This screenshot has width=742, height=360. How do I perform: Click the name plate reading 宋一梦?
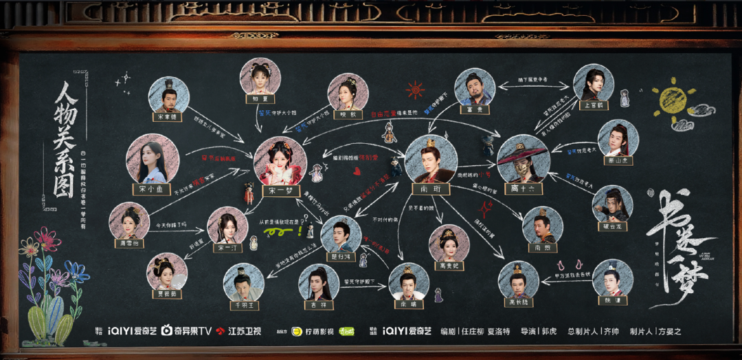pos(280,192)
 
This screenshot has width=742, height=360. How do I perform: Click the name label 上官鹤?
pos(594,106)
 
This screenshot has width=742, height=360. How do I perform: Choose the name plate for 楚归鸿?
pos(341,256)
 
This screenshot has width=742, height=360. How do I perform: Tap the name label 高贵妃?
pos(449,265)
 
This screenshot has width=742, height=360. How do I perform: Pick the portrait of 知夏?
pos(260,77)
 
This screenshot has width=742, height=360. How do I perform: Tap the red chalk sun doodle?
pos(415,90)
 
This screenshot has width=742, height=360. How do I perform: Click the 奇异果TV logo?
pos(185,332)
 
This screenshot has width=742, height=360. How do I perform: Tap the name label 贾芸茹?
pos(167,292)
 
